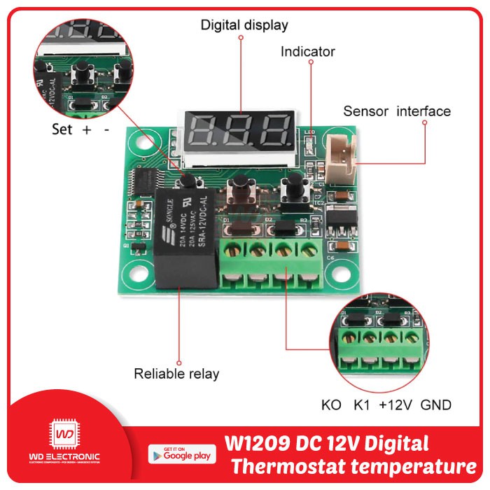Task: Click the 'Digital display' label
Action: click(244, 25)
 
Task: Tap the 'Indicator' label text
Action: click(307, 51)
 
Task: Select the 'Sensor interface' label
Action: click(397, 111)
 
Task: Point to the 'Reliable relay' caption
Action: click(176, 374)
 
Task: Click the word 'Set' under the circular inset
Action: click(62, 129)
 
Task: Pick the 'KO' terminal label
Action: click(331, 405)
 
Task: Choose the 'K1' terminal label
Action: click(361, 405)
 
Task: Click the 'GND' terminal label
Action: click(436, 405)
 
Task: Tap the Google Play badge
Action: click(180, 453)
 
